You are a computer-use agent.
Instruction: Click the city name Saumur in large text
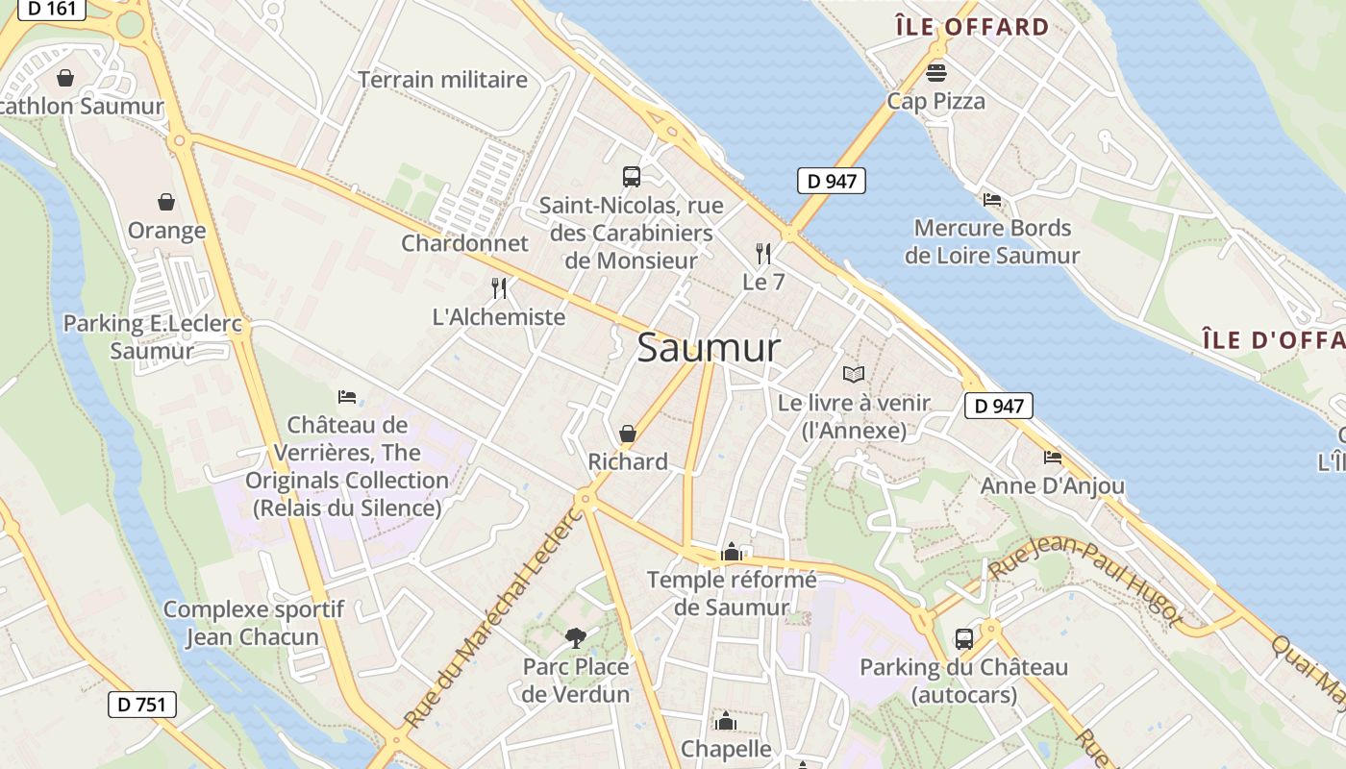(x=709, y=348)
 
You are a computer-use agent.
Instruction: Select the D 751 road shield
(x=142, y=704)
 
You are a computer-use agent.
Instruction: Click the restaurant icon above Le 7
(x=763, y=254)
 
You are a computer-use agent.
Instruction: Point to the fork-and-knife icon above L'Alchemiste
(x=499, y=287)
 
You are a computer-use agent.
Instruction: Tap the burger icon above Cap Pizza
(x=936, y=72)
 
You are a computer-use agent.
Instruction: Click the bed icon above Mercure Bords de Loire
(x=992, y=200)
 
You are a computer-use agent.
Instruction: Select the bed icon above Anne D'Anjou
(x=1053, y=458)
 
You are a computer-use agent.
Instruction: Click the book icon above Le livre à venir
(x=854, y=374)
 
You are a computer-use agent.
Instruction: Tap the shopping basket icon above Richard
(x=628, y=434)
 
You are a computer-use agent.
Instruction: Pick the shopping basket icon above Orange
(x=166, y=202)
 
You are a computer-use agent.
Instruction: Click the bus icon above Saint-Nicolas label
(x=632, y=176)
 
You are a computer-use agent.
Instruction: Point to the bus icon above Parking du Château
(x=963, y=638)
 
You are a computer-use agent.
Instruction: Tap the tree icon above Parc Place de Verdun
(x=576, y=636)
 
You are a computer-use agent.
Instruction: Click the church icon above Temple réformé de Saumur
(x=732, y=552)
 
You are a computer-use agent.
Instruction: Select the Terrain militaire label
(x=443, y=80)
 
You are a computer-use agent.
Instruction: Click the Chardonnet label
(x=465, y=243)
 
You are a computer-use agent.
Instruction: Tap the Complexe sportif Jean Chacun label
(x=253, y=623)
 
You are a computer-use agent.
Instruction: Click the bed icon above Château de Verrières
(x=347, y=396)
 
